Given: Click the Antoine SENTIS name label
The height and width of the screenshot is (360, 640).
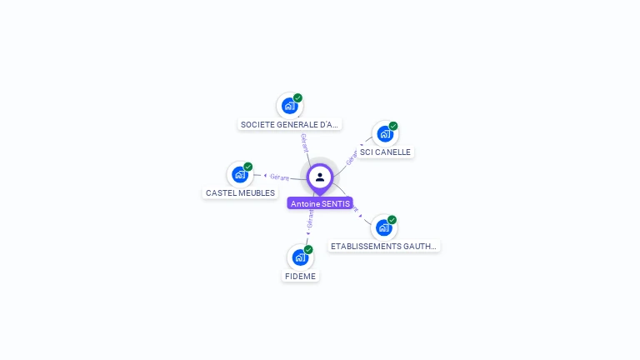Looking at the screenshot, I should [320, 203].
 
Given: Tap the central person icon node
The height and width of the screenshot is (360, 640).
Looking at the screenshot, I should [320, 177].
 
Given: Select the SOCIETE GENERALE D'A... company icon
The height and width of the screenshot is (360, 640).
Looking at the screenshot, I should [289, 106].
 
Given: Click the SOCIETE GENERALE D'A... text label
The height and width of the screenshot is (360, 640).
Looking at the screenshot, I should [289, 124].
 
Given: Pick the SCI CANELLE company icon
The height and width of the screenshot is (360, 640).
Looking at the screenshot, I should [384, 133].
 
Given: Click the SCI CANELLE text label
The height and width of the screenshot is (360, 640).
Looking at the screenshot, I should [385, 152].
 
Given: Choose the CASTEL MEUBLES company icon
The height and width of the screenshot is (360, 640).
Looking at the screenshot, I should [240, 174].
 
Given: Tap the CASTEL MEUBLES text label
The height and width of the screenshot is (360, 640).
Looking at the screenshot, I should [240, 192].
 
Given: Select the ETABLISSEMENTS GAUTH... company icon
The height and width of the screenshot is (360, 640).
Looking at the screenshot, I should [383, 227].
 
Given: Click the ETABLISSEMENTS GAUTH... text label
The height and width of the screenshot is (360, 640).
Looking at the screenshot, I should [383, 246].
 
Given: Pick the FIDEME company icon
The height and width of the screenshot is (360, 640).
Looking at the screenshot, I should [300, 257].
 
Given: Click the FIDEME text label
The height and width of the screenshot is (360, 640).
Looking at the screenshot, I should [301, 276].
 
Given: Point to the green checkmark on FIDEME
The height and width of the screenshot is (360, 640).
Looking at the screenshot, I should [308, 249].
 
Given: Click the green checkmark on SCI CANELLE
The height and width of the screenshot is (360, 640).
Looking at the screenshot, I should [393, 126].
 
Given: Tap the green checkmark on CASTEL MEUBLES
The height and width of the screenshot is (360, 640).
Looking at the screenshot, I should [248, 167].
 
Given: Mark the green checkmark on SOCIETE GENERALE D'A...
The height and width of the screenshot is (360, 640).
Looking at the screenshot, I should [297, 98].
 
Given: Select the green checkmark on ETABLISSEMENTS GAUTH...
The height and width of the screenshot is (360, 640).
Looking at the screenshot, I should [392, 220].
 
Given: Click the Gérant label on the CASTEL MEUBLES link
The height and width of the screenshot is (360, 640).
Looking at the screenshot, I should [278, 177].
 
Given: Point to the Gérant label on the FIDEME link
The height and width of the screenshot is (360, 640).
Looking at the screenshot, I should [310, 219].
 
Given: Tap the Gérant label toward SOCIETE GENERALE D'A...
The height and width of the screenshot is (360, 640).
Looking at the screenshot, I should [305, 142].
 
